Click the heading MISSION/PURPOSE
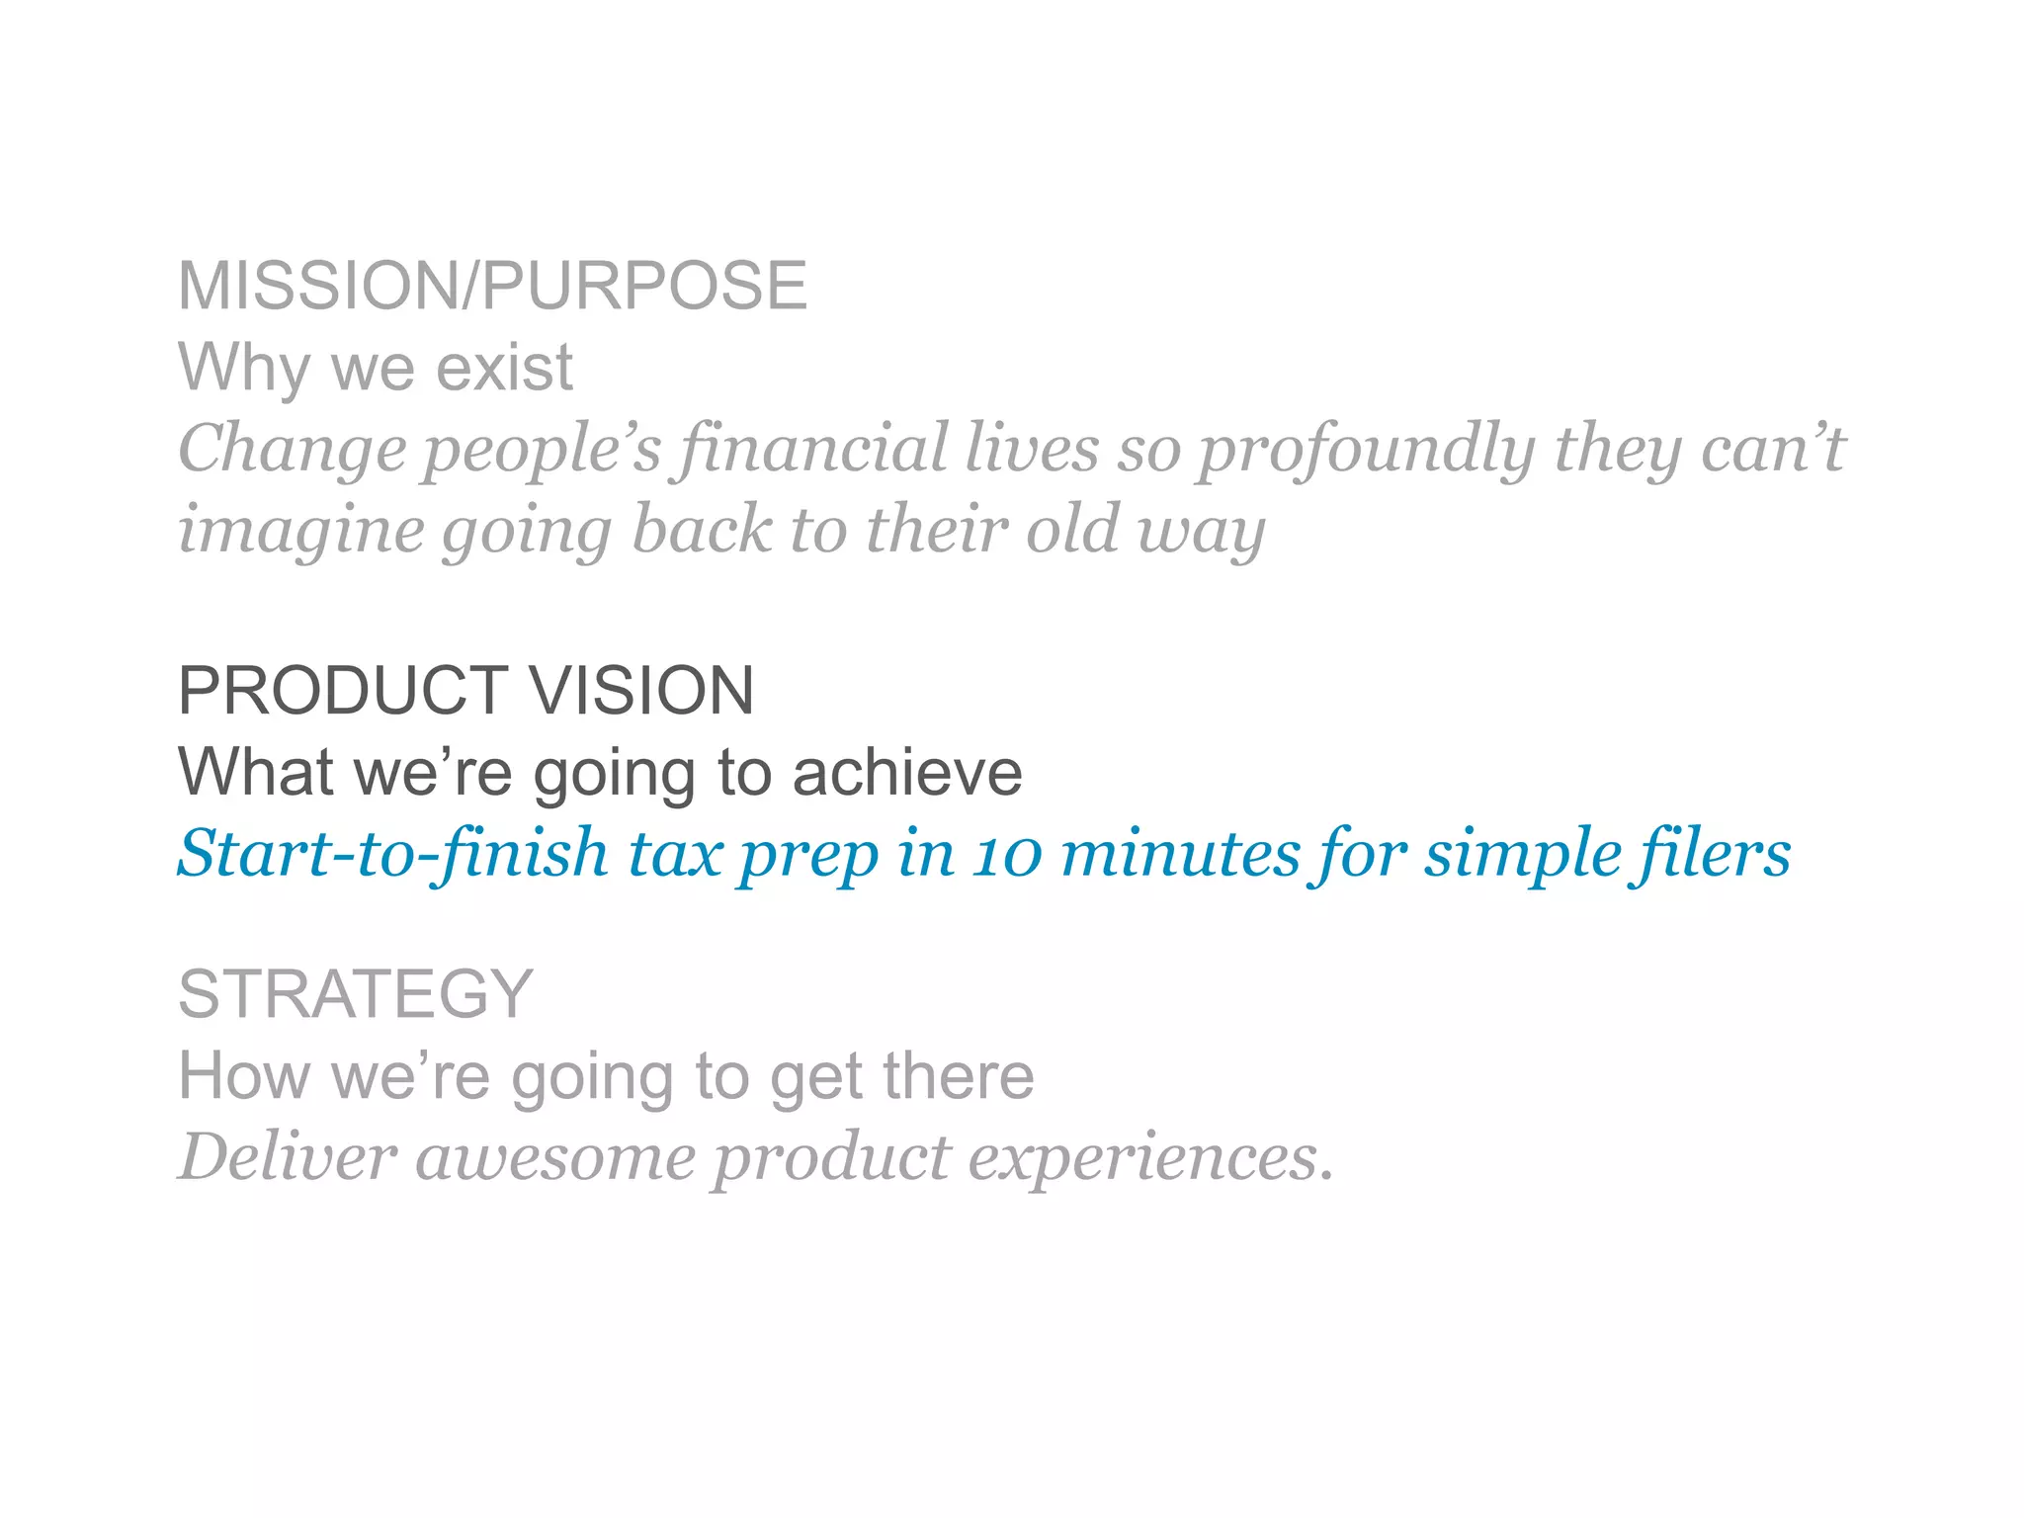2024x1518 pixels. [492, 287]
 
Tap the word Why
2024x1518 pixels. [243, 368]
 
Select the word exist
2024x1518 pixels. [504, 368]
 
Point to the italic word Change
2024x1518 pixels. [292, 450]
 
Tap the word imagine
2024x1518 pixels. [300, 531]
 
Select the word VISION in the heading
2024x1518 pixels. [641, 691]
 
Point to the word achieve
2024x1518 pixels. [907, 772]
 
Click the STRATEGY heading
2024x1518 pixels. [356, 994]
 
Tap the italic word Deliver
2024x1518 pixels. [288, 1157]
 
